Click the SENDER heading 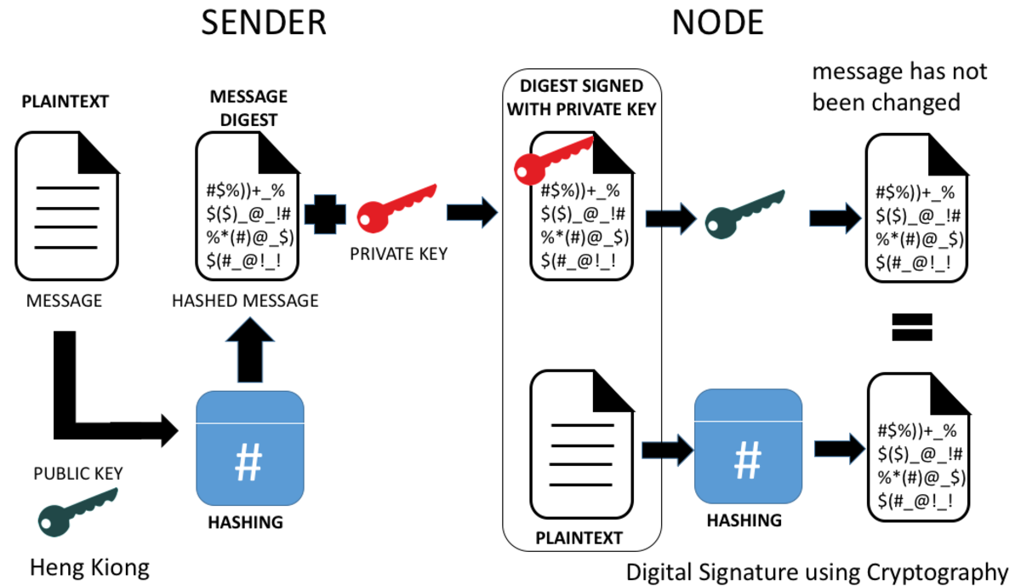(x=263, y=23)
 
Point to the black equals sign (x=912, y=326)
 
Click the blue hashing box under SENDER (x=249, y=446)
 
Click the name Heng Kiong (x=89, y=566)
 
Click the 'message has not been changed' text (x=899, y=87)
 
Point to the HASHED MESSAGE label (x=245, y=301)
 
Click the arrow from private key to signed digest (x=471, y=212)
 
